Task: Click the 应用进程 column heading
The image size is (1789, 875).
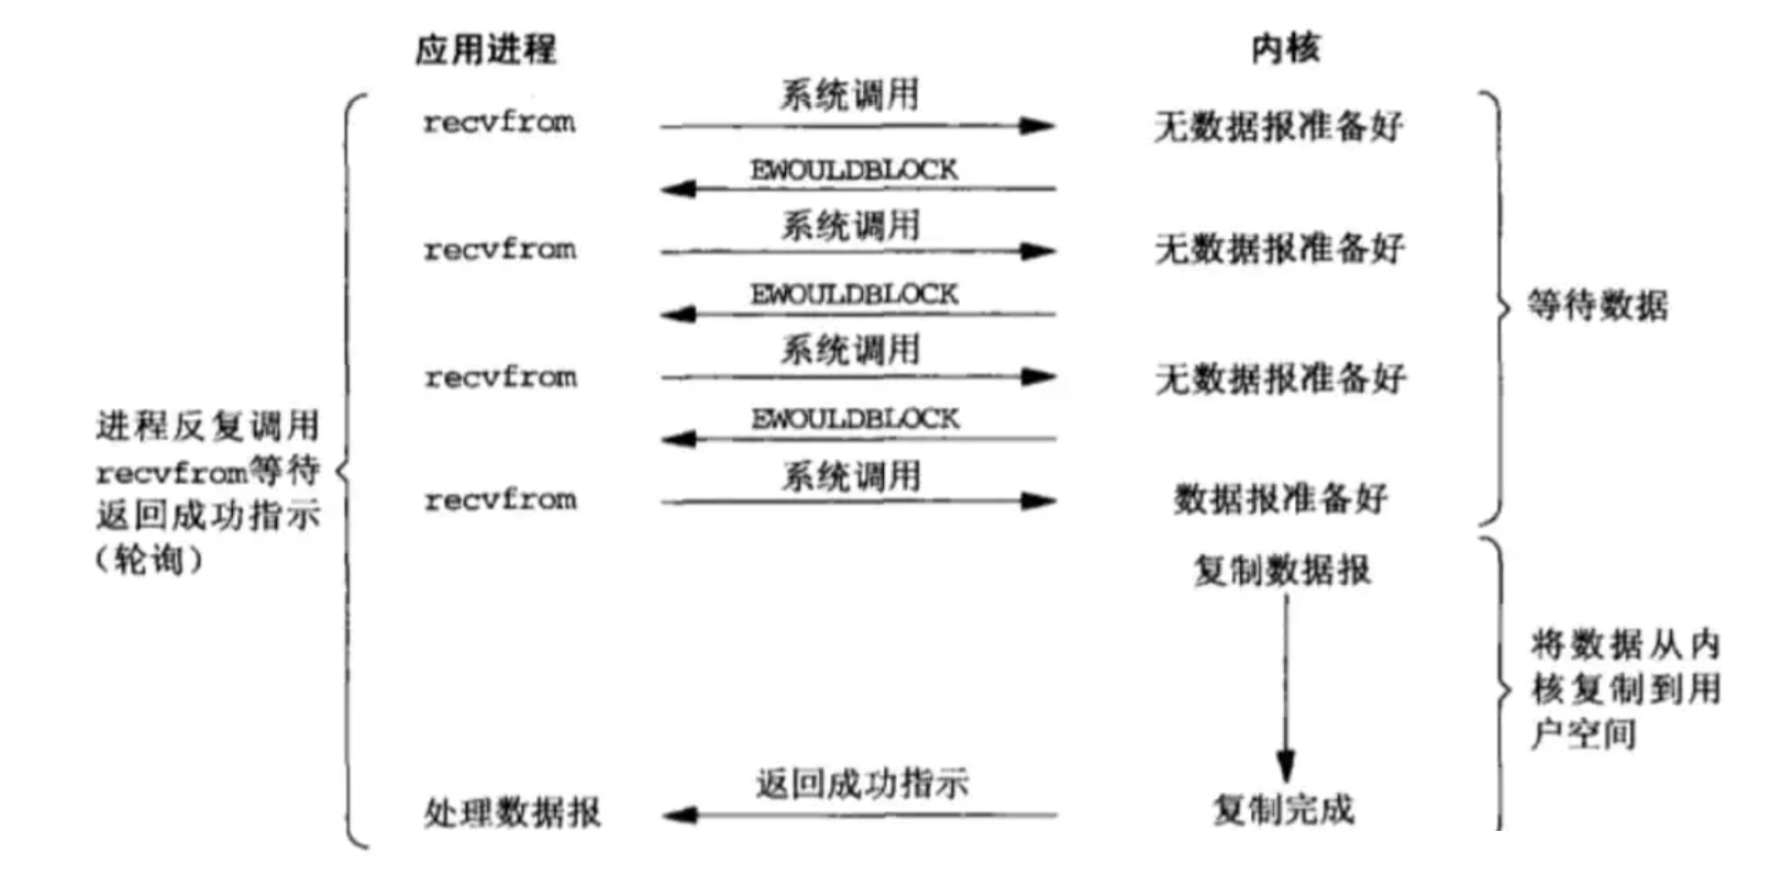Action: click(x=485, y=49)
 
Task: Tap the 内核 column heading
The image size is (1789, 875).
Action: click(x=1285, y=48)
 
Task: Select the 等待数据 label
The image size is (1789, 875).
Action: click(x=1597, y=306)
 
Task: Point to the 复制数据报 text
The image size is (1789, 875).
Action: click(x=1282, y=570)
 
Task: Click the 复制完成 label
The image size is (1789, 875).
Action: click(x=1283, y=809)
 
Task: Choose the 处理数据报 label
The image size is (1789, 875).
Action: click(x=512, y=811)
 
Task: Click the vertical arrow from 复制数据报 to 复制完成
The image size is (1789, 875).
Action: click(x=1285, y=685)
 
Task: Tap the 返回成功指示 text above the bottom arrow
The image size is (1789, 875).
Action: click(x=861, y=783)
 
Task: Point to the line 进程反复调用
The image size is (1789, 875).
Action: click(x=207, y=426)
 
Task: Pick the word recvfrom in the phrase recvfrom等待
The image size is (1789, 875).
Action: click(x=171, y=473)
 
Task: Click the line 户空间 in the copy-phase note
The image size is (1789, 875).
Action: click(x=1583, y=733)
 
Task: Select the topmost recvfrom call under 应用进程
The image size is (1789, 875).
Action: click(x=499, y=122)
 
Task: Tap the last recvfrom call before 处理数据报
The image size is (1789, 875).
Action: click(x=500, y=500)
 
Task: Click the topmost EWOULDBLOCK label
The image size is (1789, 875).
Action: click(x=853, y=169)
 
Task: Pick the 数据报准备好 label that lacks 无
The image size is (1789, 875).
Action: click(x=1280, y=499)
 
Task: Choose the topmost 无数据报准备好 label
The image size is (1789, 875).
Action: click(x=1278, y=125)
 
